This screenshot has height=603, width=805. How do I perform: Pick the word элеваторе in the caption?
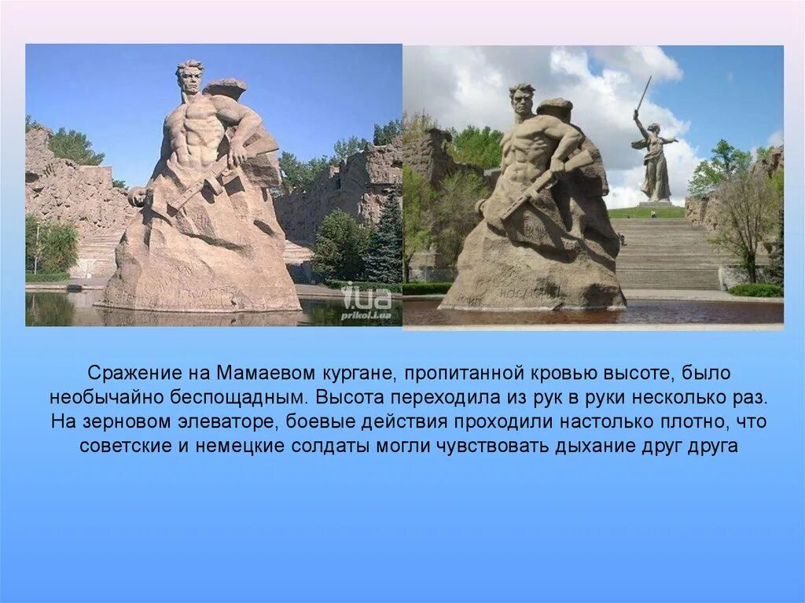(231, 421)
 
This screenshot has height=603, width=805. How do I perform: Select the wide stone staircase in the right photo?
(668, 252)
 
